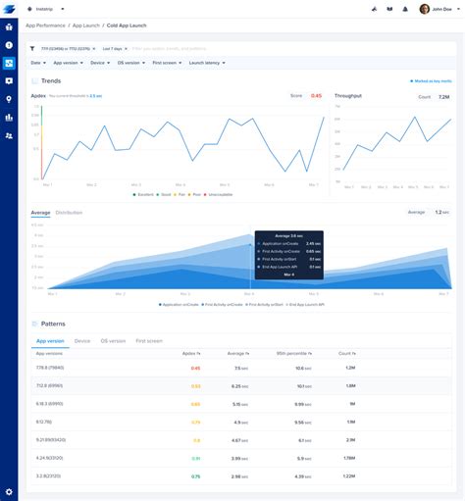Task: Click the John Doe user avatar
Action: pos(424,9)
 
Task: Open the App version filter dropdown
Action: pos(65,62)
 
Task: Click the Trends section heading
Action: pos(52,81)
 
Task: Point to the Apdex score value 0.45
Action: pos(316,95)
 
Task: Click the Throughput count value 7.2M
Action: pos(443,97)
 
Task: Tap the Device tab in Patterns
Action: pos(82,340)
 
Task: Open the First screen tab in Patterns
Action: pos(149,340)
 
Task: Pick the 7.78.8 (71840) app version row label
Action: pos(49,369)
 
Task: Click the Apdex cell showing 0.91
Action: pos(195,458)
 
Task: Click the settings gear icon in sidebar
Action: pos(9,491)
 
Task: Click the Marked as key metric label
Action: pos(431,81)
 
